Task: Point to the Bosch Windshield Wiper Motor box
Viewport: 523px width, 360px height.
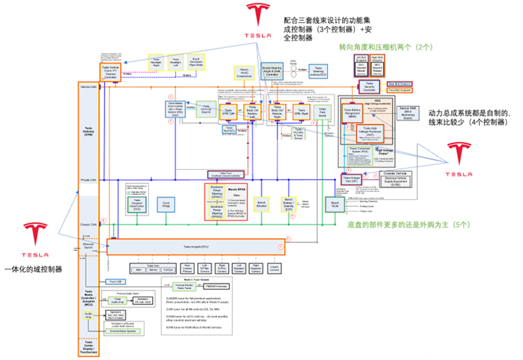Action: (196, 61)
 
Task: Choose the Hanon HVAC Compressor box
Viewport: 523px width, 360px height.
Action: (245, 73)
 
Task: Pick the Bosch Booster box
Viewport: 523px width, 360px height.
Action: (261, 205)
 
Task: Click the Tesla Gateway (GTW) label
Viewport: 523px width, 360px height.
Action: (89, 131)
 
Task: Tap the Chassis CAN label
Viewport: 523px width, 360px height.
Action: (89, 223)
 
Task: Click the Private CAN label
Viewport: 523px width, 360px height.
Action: (89, 181)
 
